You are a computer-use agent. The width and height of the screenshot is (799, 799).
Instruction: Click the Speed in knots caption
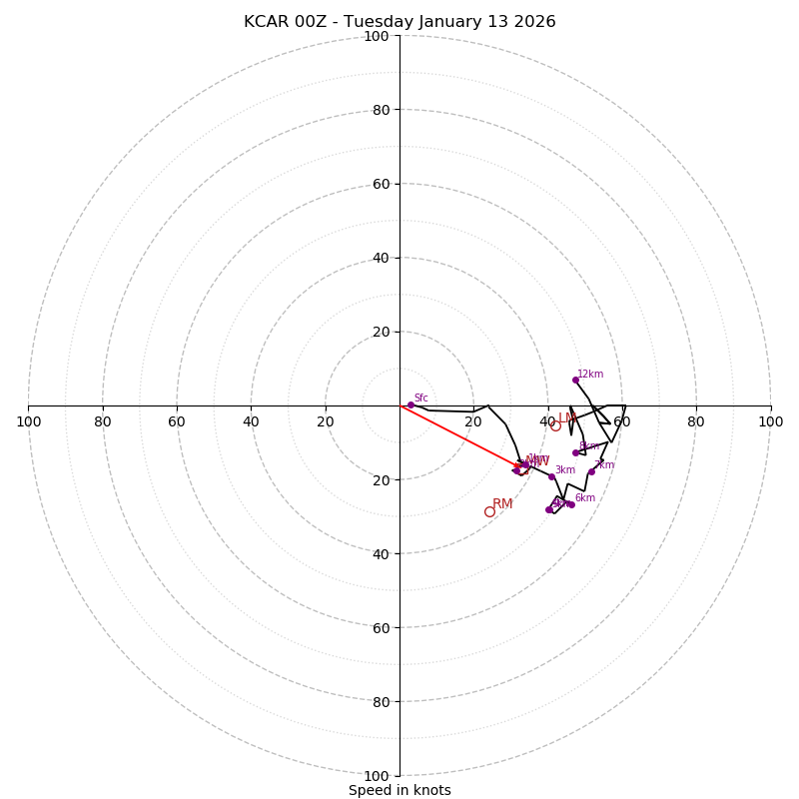point(399,790)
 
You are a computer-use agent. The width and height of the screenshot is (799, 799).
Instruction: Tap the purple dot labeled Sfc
point(410,404)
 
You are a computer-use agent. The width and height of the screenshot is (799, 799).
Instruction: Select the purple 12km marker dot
point(575,380)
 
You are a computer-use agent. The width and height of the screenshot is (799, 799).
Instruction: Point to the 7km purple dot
point(591,471)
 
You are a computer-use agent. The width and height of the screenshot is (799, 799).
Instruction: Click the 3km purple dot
point(551,476)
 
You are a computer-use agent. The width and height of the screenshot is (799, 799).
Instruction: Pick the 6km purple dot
point(571,504)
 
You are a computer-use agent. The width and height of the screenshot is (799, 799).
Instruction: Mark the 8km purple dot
point(575,452)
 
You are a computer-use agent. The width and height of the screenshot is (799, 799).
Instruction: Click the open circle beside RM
point(489,511)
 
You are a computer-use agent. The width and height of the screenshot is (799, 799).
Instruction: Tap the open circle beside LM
point(555,426)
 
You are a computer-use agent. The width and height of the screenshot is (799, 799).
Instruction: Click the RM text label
point(502,503)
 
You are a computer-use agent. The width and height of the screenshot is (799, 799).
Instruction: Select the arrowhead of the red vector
point(519,465)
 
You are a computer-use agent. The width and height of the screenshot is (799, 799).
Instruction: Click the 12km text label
point(590,374)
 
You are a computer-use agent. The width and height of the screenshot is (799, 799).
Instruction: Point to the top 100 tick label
point(377,36)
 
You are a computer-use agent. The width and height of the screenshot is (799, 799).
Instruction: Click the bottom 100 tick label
point(377,775)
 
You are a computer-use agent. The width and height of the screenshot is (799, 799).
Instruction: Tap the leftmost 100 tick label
point(29,421)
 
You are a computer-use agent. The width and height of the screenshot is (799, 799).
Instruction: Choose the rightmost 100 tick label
point(770,421)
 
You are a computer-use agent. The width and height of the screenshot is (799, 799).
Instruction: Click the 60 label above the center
point(381,184)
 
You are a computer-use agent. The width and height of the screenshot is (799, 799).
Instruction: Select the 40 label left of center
point(251,421)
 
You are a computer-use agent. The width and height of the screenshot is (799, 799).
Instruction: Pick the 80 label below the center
point(381,701)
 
